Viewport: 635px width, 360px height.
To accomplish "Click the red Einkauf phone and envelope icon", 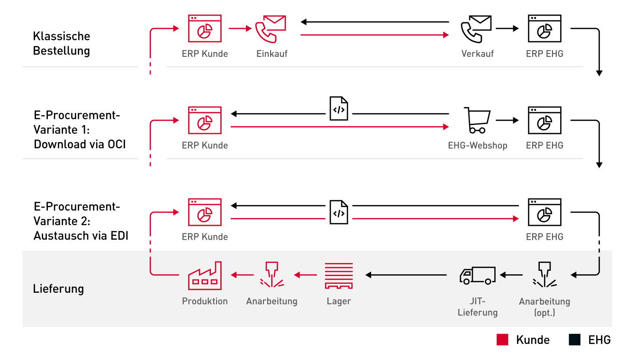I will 271,29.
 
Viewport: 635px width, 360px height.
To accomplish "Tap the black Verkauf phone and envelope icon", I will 476,29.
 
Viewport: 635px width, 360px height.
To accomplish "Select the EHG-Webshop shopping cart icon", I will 477,120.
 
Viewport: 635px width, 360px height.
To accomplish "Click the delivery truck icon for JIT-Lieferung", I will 477,275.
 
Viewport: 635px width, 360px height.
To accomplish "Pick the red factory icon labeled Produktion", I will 205,276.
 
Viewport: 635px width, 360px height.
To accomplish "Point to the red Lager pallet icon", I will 339,276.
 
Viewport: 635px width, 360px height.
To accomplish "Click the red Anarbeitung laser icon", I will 272,275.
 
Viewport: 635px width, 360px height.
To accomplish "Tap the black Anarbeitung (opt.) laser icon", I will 544,275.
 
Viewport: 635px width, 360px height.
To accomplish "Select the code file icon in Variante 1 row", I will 338,109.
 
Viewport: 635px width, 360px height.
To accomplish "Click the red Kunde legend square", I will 502,340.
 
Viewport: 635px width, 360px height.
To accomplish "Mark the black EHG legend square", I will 575,340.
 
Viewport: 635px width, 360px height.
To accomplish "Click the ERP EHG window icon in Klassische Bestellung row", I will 544,29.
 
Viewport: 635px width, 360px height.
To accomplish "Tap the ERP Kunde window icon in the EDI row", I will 205,212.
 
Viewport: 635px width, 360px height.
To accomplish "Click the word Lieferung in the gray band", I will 58,288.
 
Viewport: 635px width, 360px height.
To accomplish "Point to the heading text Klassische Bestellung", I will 62,43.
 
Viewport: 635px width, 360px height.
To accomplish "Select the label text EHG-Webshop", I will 477,145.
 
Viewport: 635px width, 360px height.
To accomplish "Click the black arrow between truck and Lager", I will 407,274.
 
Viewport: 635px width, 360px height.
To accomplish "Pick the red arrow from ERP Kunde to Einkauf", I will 240,29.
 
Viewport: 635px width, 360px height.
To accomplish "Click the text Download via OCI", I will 80,144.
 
